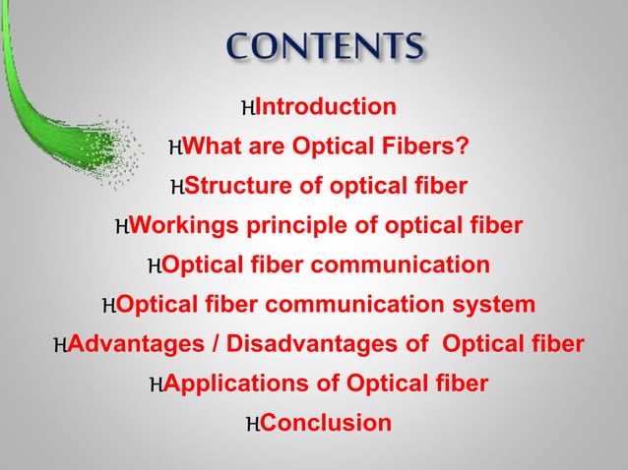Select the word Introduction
[x=325, y=107]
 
